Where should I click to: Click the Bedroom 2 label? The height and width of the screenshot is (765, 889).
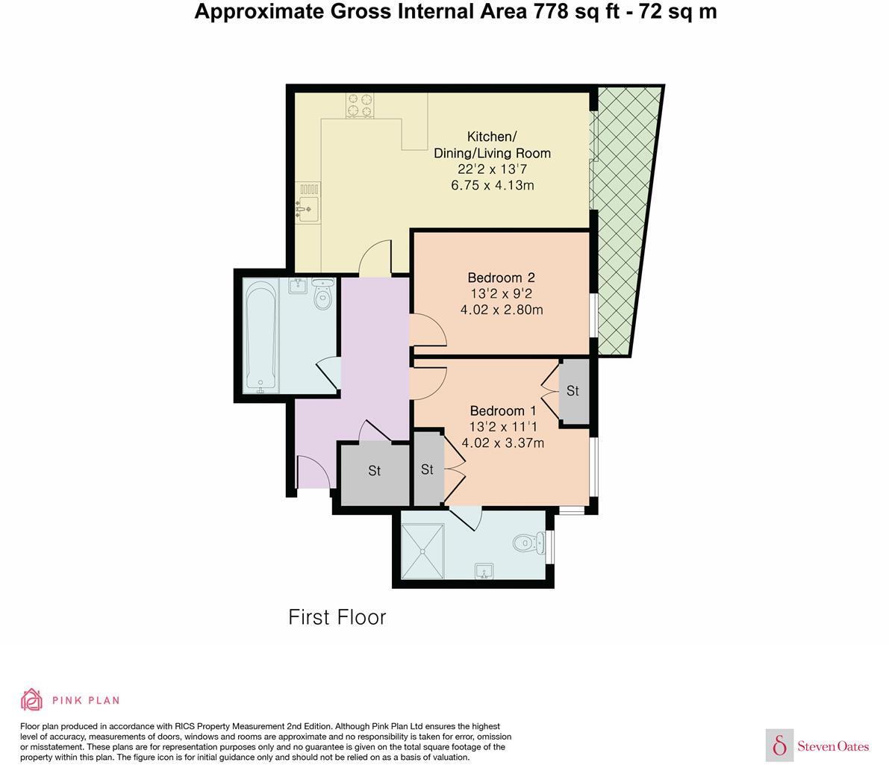(x=501, y=278)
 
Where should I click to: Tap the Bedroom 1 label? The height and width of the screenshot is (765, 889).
(x=503, y=410)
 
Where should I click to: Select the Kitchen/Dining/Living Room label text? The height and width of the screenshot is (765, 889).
(x=492, y=145)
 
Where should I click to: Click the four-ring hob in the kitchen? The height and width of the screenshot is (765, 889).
(x=360, y=105)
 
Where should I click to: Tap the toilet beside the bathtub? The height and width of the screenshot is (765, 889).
(x=322, y=294)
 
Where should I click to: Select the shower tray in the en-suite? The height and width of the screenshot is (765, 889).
(x=422, y=552)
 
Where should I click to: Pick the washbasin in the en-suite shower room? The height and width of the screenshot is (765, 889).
(x=484, y=570)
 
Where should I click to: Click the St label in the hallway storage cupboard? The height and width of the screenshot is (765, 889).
(x=374, y=471)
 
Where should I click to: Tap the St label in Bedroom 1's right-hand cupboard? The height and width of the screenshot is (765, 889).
(x=573, y=391)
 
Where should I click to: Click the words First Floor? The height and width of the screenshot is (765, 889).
(x=337, y=617)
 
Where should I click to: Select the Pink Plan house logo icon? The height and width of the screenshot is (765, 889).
(x=31, y=700)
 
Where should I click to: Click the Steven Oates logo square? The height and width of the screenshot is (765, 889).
(x=779, y=745)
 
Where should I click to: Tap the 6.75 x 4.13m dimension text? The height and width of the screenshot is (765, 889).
(x=492, y=185)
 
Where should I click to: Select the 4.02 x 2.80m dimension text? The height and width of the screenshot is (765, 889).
(x=502, y=310)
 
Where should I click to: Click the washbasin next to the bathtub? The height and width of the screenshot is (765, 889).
(x=298, y=285)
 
